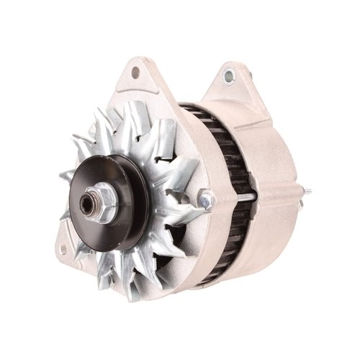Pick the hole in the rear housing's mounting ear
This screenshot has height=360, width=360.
pos(230,74)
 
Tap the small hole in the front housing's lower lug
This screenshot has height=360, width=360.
pos(64,252)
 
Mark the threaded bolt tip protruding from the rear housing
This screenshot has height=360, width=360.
pos(307,192)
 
